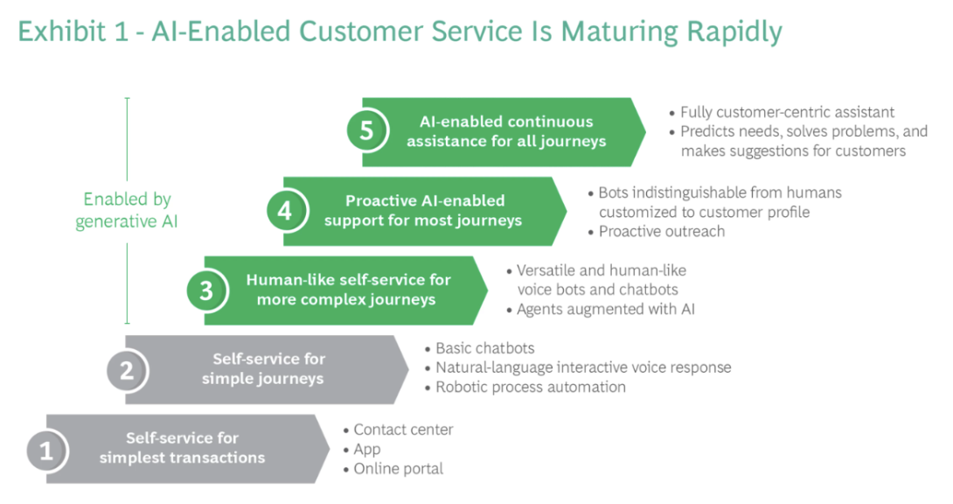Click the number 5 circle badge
pyautogui.click(x=366, y=131)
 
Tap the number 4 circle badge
pyautogui.click(x=286, y=211)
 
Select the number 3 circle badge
pyautogui.click(x=206, y=290)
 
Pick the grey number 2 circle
pyautogui.click(x=127, y=370)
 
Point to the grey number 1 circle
pyautogui.click(x=47, y=451)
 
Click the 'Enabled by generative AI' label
pyautogui.click(x=127, y=210)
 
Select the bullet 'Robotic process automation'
pyautogui.click(x=531, y=387)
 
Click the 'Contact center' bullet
pyautogui.click(x=403, y=430)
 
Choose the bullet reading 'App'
pyautogui.click(x=367, y=449)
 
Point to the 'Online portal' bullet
pyautogui.click(x=398, y=469)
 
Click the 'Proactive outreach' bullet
pyautogui.click(x=661, y=232)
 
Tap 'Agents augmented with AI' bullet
pyautogui.click(x=606, y=309)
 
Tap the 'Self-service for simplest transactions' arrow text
pyautogui.click(x=182, y=448)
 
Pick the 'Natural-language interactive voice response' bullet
pyautogui.click(x=583, y=367)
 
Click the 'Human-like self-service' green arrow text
pyautogui.click(x=348, y=290)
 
